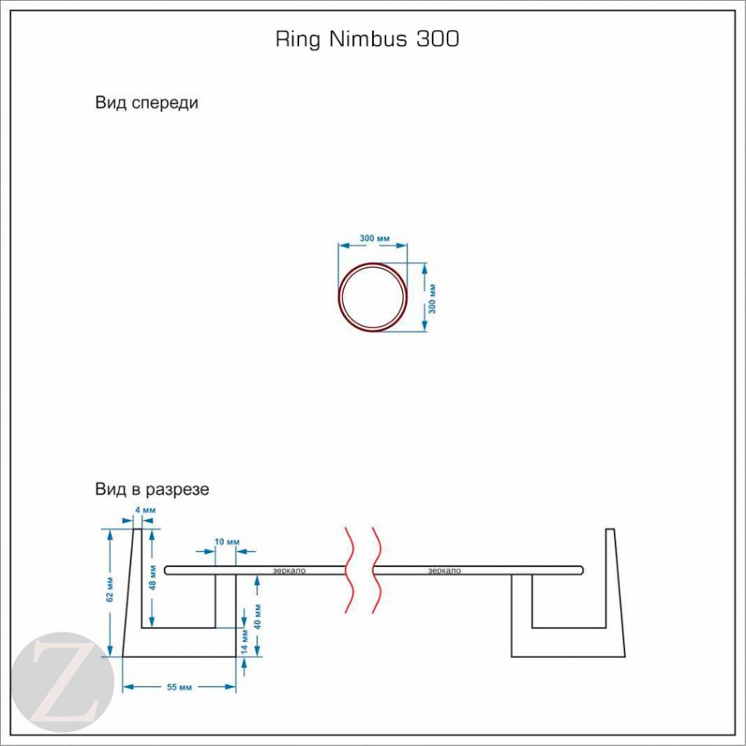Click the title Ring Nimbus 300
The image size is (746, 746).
[366, 39]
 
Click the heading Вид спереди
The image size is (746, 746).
[147, 104]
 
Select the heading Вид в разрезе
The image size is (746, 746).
[152, 489]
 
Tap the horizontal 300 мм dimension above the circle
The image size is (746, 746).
[375, 239]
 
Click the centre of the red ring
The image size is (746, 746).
[372, 297]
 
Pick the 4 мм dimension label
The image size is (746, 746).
[145, 509]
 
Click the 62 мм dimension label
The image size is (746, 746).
[110, 592]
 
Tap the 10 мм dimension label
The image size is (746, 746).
[226, 542]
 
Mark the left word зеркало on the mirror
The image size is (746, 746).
[289, 570]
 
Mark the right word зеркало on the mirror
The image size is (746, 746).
[444, 570]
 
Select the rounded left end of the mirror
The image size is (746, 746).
[168, 570]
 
